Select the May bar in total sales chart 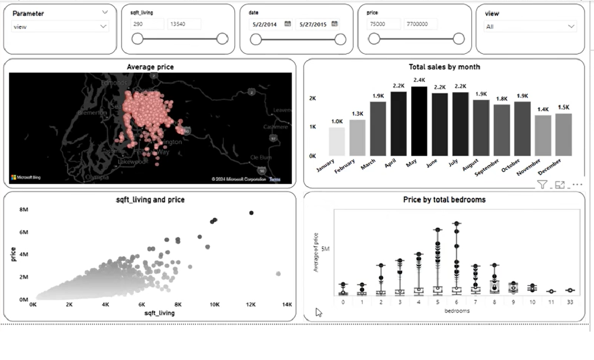419,121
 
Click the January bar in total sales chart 337,142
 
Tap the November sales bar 543,135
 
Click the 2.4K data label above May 419,80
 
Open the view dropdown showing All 530,27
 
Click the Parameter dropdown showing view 60,27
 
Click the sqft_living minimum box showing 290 147,24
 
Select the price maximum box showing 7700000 421,24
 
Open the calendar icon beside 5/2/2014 288,24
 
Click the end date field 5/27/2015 313,24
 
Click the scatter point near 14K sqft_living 278,274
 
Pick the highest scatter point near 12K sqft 251,213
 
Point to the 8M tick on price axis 24,210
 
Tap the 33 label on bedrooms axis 570,302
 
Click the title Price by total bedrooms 444,200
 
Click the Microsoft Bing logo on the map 26,177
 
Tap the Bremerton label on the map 92,112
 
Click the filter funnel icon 542,185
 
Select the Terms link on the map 275,179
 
